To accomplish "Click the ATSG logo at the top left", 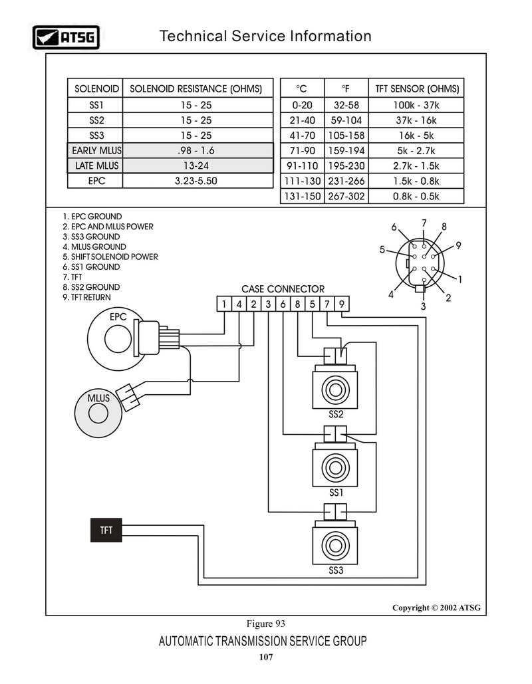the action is tap(66, 37).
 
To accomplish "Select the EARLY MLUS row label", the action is tap(96, 150).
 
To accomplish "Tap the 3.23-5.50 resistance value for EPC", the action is tap(196, 181).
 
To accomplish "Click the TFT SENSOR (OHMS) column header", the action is tap(417, 89).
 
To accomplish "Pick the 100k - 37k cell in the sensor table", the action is tap(416, 105).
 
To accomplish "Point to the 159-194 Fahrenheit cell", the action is tap(346, 150).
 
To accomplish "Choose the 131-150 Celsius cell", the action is tap(302, 196).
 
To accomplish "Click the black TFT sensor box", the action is tap(106, 530).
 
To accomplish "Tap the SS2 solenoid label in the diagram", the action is tap(336, 414).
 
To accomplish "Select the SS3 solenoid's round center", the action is tap(335, 545).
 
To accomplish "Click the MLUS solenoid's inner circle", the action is tap(98, 413).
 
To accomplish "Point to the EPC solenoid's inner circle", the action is tap(118, 339).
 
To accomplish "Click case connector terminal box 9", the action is tap(342, 304).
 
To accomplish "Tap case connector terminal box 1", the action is tap(224, 304).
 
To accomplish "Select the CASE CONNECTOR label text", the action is tap(283, 289).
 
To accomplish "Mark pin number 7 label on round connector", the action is tap(424, 223).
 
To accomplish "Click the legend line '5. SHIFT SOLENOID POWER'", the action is tap(110, 257).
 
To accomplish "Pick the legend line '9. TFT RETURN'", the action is tap(86, 298).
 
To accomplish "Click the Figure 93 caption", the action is tap(266, 624).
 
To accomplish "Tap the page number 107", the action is tap(266, 657).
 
